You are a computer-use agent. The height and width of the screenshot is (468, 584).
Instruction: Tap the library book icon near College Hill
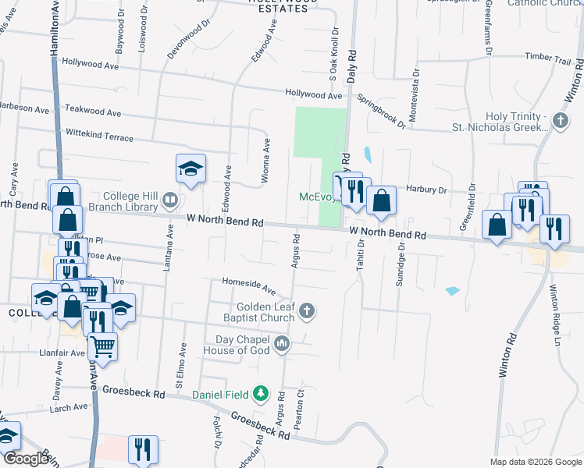[x=169, y=202]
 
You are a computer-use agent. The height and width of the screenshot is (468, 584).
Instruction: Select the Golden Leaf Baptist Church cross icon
[x=308, y=311]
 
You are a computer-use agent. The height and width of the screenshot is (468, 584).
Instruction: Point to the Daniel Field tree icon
[x=264, y=395]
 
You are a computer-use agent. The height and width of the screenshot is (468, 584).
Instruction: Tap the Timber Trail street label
[x=549, y=57]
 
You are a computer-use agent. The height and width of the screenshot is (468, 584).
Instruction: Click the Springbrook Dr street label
[x=382, y=112]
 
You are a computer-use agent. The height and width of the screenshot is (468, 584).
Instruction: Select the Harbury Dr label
[x=426, y=190]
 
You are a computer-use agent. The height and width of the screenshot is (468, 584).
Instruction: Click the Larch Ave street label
[x=69, y=407]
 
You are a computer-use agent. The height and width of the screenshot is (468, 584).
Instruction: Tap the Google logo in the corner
[x=26, y=459]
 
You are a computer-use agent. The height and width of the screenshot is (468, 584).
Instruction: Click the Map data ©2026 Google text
[x=535, y=462]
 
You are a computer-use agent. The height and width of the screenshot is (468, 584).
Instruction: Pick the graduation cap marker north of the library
[x=190, y=168]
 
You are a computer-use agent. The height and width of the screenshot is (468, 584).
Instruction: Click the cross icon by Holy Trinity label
[x=559, y=120]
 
